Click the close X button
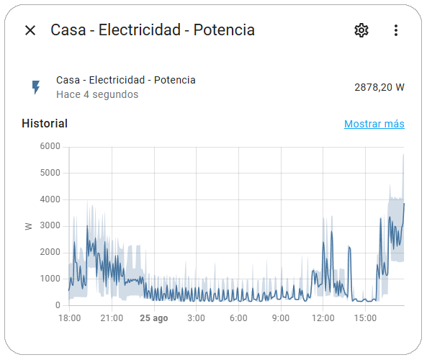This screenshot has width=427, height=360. pos(30,30)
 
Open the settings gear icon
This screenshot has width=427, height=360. pos(361,30)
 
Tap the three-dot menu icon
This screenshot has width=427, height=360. pos(395,30)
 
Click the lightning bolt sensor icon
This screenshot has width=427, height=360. pos(35,87)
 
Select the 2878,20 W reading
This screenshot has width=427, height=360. pos(379,87)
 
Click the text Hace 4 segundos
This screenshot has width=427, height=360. pos(97,94)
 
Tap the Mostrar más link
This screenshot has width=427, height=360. pos(374,124)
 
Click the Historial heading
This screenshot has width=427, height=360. pos(45,123)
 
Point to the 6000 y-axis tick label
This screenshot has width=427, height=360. pos(50,146)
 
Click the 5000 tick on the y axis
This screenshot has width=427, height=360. pos(50,173)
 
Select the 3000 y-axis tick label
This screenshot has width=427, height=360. pos(50,226)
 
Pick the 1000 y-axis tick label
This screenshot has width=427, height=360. pos(50,279)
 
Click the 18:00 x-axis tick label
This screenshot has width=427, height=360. pos(69,318)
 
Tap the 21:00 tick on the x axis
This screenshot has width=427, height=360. pos(112,318)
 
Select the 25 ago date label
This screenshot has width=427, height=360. pos(154,318)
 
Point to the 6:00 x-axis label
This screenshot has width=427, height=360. pos(238,318)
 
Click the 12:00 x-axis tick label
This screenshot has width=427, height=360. pos(323,318)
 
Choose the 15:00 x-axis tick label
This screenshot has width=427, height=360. pos(366,318)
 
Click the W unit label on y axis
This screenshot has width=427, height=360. pos(29,226)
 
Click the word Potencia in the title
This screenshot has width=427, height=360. pos(224,30)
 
